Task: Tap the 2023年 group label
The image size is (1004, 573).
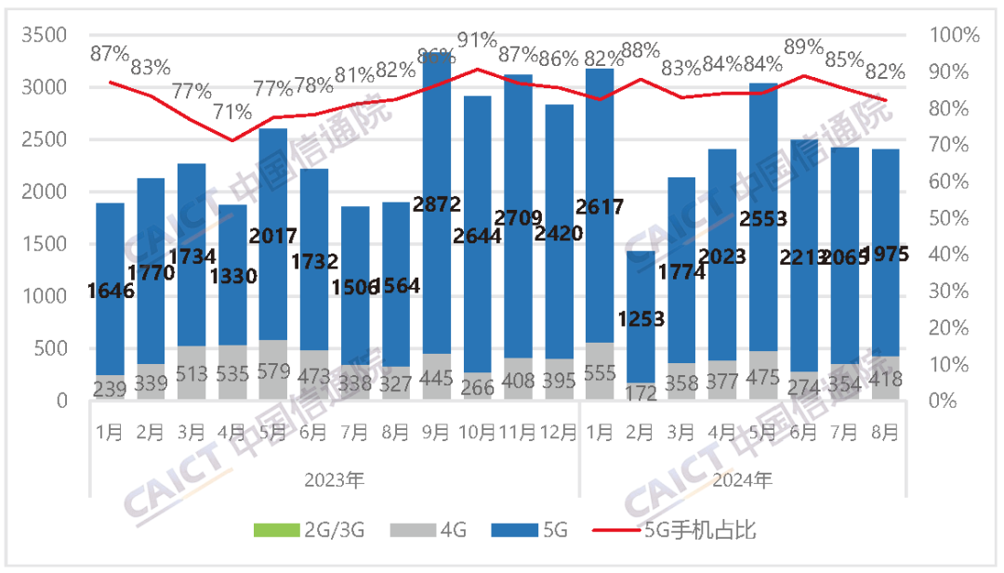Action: [335, 481]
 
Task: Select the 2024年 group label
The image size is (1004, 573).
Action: [744, 481]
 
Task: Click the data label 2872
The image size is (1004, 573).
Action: [438, 205]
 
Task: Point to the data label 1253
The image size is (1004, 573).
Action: [642, 319]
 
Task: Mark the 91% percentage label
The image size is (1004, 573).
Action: [477, 40]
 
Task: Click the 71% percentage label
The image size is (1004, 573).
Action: [232, 112]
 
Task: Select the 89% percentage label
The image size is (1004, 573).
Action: [804, 46]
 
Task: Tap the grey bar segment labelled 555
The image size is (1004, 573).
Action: [600, 371]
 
